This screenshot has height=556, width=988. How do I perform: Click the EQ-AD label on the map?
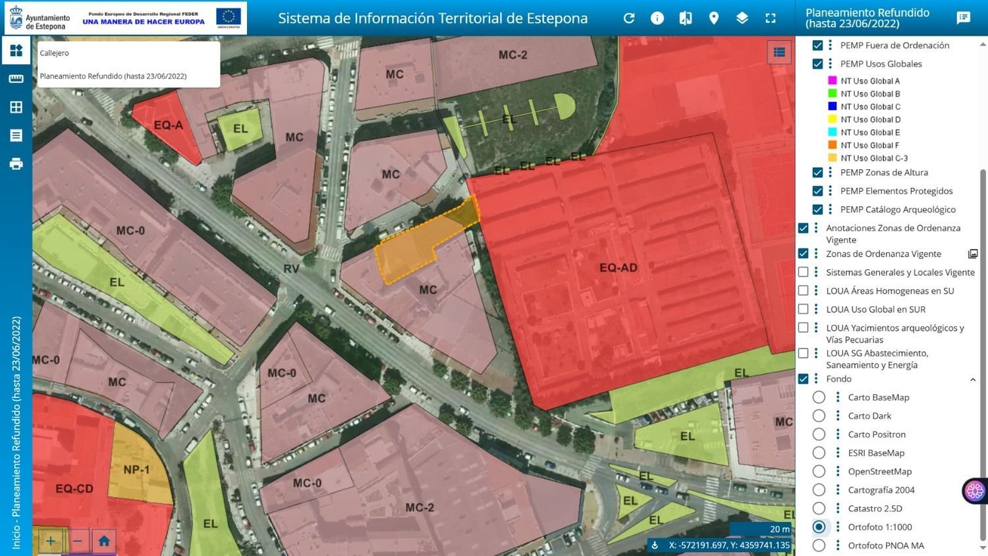tap(618, 267)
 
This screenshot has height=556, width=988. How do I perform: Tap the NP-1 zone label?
tap(136, 470)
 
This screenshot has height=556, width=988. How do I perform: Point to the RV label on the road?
tap(291, 268)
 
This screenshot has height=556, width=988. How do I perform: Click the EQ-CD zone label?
tap(74, 489)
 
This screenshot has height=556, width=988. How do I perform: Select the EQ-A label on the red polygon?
tap(168, 125)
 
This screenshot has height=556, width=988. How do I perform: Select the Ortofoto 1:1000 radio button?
tap(819, 527)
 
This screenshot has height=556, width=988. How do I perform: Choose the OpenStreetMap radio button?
tap(819, 472)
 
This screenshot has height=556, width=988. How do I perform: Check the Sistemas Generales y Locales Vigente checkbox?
tap(803, 272)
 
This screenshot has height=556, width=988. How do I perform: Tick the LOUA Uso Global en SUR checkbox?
tap(803, 309)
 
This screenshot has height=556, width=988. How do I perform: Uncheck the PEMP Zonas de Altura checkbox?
tap(817, 173)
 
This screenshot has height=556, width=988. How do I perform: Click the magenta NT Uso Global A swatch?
tap(832, 81)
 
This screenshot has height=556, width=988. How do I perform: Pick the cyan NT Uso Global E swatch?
tap(832, 132)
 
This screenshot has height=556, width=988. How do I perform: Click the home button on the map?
tap(104, 542)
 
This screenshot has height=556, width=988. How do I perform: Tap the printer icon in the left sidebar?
tap(16, 164)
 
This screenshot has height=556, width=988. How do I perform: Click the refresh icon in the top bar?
tap(629, 18)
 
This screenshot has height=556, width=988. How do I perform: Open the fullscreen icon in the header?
tap(770, 18)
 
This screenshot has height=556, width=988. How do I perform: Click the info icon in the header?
tap(657, 18)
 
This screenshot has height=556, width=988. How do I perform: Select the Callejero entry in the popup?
tap(54, 53)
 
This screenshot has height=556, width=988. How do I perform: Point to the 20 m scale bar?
tap(761, 529)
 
